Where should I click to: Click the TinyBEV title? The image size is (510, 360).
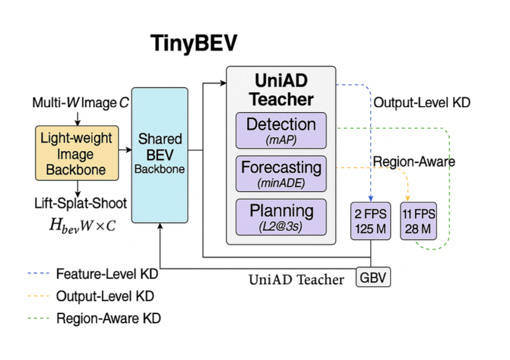(194, 44)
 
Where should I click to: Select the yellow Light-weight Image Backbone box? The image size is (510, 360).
(77, 153)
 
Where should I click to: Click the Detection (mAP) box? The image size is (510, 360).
(280, 130)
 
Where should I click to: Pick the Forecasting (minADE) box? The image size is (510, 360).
(280, 173)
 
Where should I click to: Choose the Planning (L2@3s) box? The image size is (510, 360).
(280, 216)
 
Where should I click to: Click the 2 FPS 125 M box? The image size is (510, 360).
(370, 222)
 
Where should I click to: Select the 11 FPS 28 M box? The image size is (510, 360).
(419, 222)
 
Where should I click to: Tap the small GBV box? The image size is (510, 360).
(373, 278)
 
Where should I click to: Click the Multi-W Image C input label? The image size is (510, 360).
(81, 103)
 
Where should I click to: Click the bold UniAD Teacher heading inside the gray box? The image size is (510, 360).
(281, 89)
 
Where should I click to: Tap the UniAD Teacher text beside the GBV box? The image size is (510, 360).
(296, 279)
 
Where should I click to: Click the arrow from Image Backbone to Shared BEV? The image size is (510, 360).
(125, 148)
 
